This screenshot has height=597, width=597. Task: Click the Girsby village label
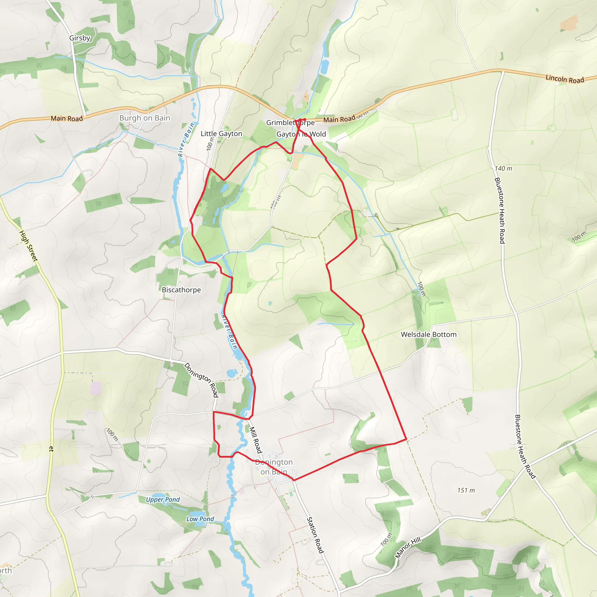coord(80,38)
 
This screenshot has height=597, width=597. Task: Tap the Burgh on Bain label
coord(145,118)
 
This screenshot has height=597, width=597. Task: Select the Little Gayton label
coord(221,134)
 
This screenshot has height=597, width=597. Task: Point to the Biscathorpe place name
coord(181,290)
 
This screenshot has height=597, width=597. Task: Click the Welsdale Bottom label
coord(428,334)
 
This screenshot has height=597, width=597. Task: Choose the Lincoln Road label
coord(565,79)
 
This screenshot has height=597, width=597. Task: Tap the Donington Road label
coord(201,380)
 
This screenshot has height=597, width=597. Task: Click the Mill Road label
coord(256,440)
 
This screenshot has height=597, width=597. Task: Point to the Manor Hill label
coord(408,547)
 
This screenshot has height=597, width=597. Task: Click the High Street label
coord(29,246)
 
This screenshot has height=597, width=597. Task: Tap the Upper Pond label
coord(163,500)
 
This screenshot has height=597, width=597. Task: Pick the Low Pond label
coord(200,519)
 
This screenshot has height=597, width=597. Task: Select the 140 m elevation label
coord(503,168)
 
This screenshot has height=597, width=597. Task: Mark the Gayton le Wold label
coord(301,134)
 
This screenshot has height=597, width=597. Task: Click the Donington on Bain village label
coord(274,467)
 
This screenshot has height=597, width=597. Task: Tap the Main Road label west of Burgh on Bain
coord(67,118)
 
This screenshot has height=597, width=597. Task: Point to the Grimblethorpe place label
coord(290,123)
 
